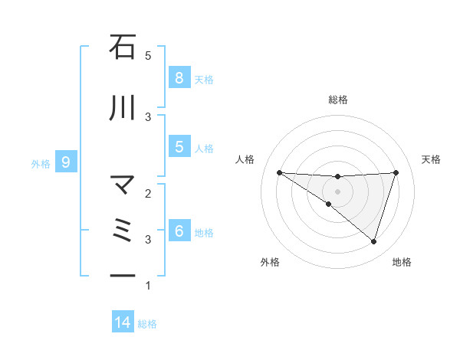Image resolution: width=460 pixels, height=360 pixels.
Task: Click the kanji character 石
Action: tap(123, 47)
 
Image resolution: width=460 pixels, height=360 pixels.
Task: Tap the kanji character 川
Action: tap(123, 109)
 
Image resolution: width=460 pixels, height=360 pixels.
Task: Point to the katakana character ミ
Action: tap(123, 231)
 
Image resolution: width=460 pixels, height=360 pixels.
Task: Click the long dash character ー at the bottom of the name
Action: tap(123, 275)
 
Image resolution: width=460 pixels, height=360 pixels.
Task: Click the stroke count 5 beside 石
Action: tap(148, 56)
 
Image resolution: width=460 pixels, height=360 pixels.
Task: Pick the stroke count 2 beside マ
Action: tap(148, 194)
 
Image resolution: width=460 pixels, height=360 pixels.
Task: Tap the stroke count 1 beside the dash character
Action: tap(148, 286)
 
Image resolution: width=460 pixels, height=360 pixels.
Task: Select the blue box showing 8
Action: tap(179, 77)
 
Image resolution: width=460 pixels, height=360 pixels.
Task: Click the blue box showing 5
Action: tap(179, 147)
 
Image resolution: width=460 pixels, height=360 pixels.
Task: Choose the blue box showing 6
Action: tap(179, 231)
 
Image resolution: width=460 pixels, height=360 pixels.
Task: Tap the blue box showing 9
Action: tap(66, 162)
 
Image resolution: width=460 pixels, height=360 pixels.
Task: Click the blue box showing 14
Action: tap(123, 322)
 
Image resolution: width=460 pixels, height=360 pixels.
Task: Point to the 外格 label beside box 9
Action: tap(41, 162)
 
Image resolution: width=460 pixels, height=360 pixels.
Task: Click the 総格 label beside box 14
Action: tap(147, 323)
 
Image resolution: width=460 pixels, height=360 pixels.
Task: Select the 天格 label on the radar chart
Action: tap(432, 159)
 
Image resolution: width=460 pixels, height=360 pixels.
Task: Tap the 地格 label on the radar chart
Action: tap(402, 262)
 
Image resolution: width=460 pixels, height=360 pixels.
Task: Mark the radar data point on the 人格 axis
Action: tap(279, 172)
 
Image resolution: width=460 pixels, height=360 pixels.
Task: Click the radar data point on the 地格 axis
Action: tap(373, 241)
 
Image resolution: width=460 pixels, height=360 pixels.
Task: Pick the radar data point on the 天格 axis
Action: tap(396, 172)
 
